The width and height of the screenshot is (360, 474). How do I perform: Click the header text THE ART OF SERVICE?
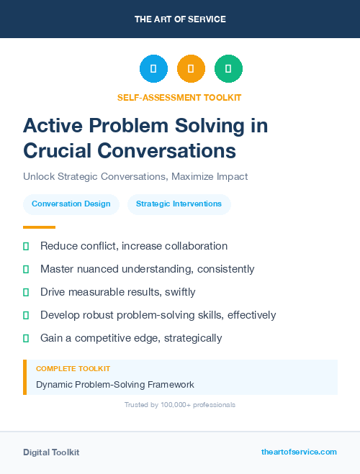[x=180, y=19]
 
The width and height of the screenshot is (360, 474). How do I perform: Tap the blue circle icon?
[x=153, y=68]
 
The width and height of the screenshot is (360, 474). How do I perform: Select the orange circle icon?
[x=191, y=68]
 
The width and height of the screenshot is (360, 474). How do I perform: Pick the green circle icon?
[x=228, y=68]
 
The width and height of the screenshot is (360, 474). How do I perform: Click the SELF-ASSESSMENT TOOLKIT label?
[x=179, y=97]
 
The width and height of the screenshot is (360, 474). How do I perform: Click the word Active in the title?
[x=52, y=126]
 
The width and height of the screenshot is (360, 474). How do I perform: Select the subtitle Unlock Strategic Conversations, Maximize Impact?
[x=135, y=176]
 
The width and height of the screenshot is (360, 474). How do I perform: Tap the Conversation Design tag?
[x=71, y=204]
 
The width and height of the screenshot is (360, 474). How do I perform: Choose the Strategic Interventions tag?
[x=179, y=204]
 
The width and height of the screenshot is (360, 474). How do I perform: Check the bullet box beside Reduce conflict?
[x=26, y=246]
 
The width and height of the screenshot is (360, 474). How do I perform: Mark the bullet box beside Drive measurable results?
[x=26, y=292]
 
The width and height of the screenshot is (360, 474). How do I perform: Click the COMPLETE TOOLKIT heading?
[x=73, y=368]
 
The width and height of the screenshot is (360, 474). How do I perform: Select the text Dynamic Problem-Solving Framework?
[x=115, y=385]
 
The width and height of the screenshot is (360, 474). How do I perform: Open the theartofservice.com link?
[x=299, y=452]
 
